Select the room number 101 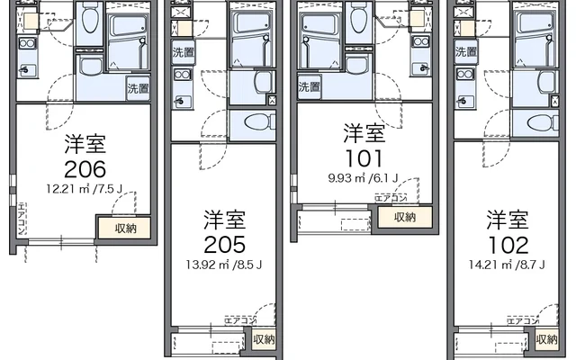coord(364,158)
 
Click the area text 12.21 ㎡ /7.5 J coord(85,189)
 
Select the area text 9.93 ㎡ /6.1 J coord(364,177)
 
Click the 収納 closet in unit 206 coord(125,228)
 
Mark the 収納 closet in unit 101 coord(403,217)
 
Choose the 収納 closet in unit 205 coord(264,339)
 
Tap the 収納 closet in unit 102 coord(546,339)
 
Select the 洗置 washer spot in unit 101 coord(309,87)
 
